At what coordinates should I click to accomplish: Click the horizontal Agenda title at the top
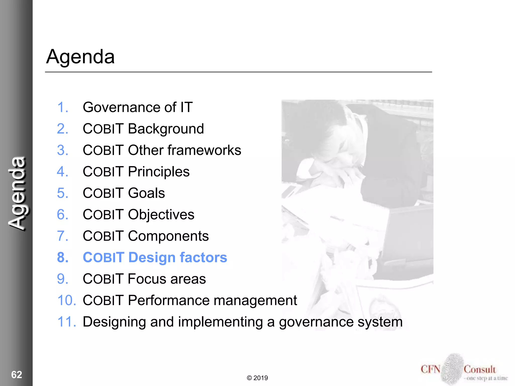(80, 57)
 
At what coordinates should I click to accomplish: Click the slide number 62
(17, 375)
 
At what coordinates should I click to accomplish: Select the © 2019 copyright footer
(257, 378)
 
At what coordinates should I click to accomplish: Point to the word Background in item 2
(166, 129)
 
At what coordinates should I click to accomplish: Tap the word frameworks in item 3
(204, 150)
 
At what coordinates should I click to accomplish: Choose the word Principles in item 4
(159, 172)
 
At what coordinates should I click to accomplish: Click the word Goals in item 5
(146, 193)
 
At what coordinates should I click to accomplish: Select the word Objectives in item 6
(161, 215)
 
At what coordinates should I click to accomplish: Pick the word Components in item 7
(168, 236)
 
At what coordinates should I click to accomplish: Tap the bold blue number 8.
(63, 258)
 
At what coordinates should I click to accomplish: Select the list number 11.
(66, 322)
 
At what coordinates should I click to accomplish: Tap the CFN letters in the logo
(430, 369)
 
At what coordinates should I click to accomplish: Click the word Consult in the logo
(480, 369)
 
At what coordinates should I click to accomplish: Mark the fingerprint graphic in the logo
(452, 368)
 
